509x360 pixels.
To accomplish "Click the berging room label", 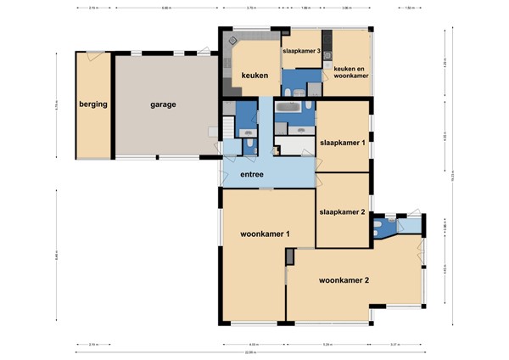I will (93, 105).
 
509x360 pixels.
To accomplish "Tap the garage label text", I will (164, 105).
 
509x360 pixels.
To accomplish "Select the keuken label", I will (255, 76).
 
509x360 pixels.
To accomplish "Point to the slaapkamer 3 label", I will (301, 52).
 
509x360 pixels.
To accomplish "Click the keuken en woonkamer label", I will (351, 70).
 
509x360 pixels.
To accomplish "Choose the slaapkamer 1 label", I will (343, 143).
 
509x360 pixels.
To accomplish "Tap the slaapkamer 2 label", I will (343, 211).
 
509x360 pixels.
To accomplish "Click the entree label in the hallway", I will (251, 175).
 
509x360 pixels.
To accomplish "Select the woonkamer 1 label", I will (266, 233).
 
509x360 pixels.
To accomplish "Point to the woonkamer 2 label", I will (344, 279).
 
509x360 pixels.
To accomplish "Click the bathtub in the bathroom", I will (288, 107).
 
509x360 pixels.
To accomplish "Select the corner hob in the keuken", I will (229, 41).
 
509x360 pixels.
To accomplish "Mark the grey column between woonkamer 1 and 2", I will (290, 256).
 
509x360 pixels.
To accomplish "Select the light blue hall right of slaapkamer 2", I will (409, 225).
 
